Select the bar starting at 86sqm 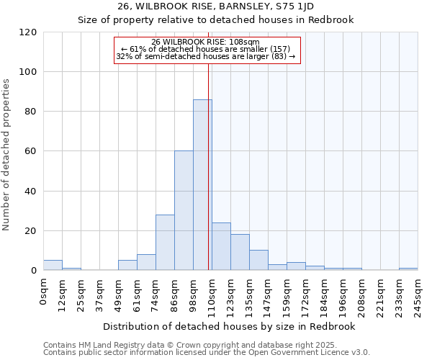184,210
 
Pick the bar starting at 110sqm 221,246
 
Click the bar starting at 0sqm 53,265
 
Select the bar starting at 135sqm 258,260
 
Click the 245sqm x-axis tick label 418,294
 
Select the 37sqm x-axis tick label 99,292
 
